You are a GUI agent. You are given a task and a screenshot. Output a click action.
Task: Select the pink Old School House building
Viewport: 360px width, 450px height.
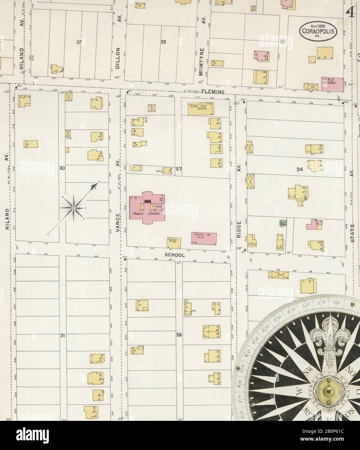204,238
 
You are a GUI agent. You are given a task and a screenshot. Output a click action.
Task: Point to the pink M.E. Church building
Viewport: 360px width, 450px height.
332,81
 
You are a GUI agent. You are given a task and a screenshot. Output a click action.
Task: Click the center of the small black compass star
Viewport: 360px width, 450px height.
73,207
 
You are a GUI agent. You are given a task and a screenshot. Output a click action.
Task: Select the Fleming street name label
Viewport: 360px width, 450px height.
213,92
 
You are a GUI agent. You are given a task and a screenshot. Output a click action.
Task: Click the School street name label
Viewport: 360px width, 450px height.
175,255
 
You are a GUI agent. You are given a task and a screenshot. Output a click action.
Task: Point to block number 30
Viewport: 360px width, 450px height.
62,168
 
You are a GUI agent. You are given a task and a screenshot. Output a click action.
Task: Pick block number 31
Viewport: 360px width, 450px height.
63,336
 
